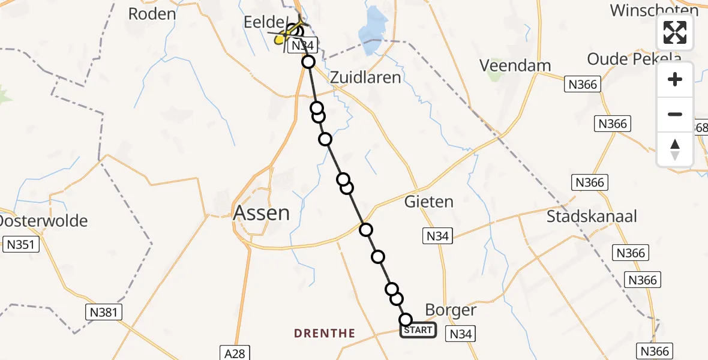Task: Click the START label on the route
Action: [x=418, y=330]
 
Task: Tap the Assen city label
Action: [x=261, y=213]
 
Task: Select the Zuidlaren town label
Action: [x=365, y=77]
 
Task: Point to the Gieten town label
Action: [x=428, y=202]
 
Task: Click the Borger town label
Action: [x=450, y=310]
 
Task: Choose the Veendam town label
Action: [x=516, y=65]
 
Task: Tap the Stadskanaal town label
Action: [x=592, y=217]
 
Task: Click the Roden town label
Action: [x=152, y=14]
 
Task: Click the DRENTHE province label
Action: [x=325, y=334]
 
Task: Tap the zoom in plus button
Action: [x=675, y=80]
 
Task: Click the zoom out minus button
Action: [x=675, y=115]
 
